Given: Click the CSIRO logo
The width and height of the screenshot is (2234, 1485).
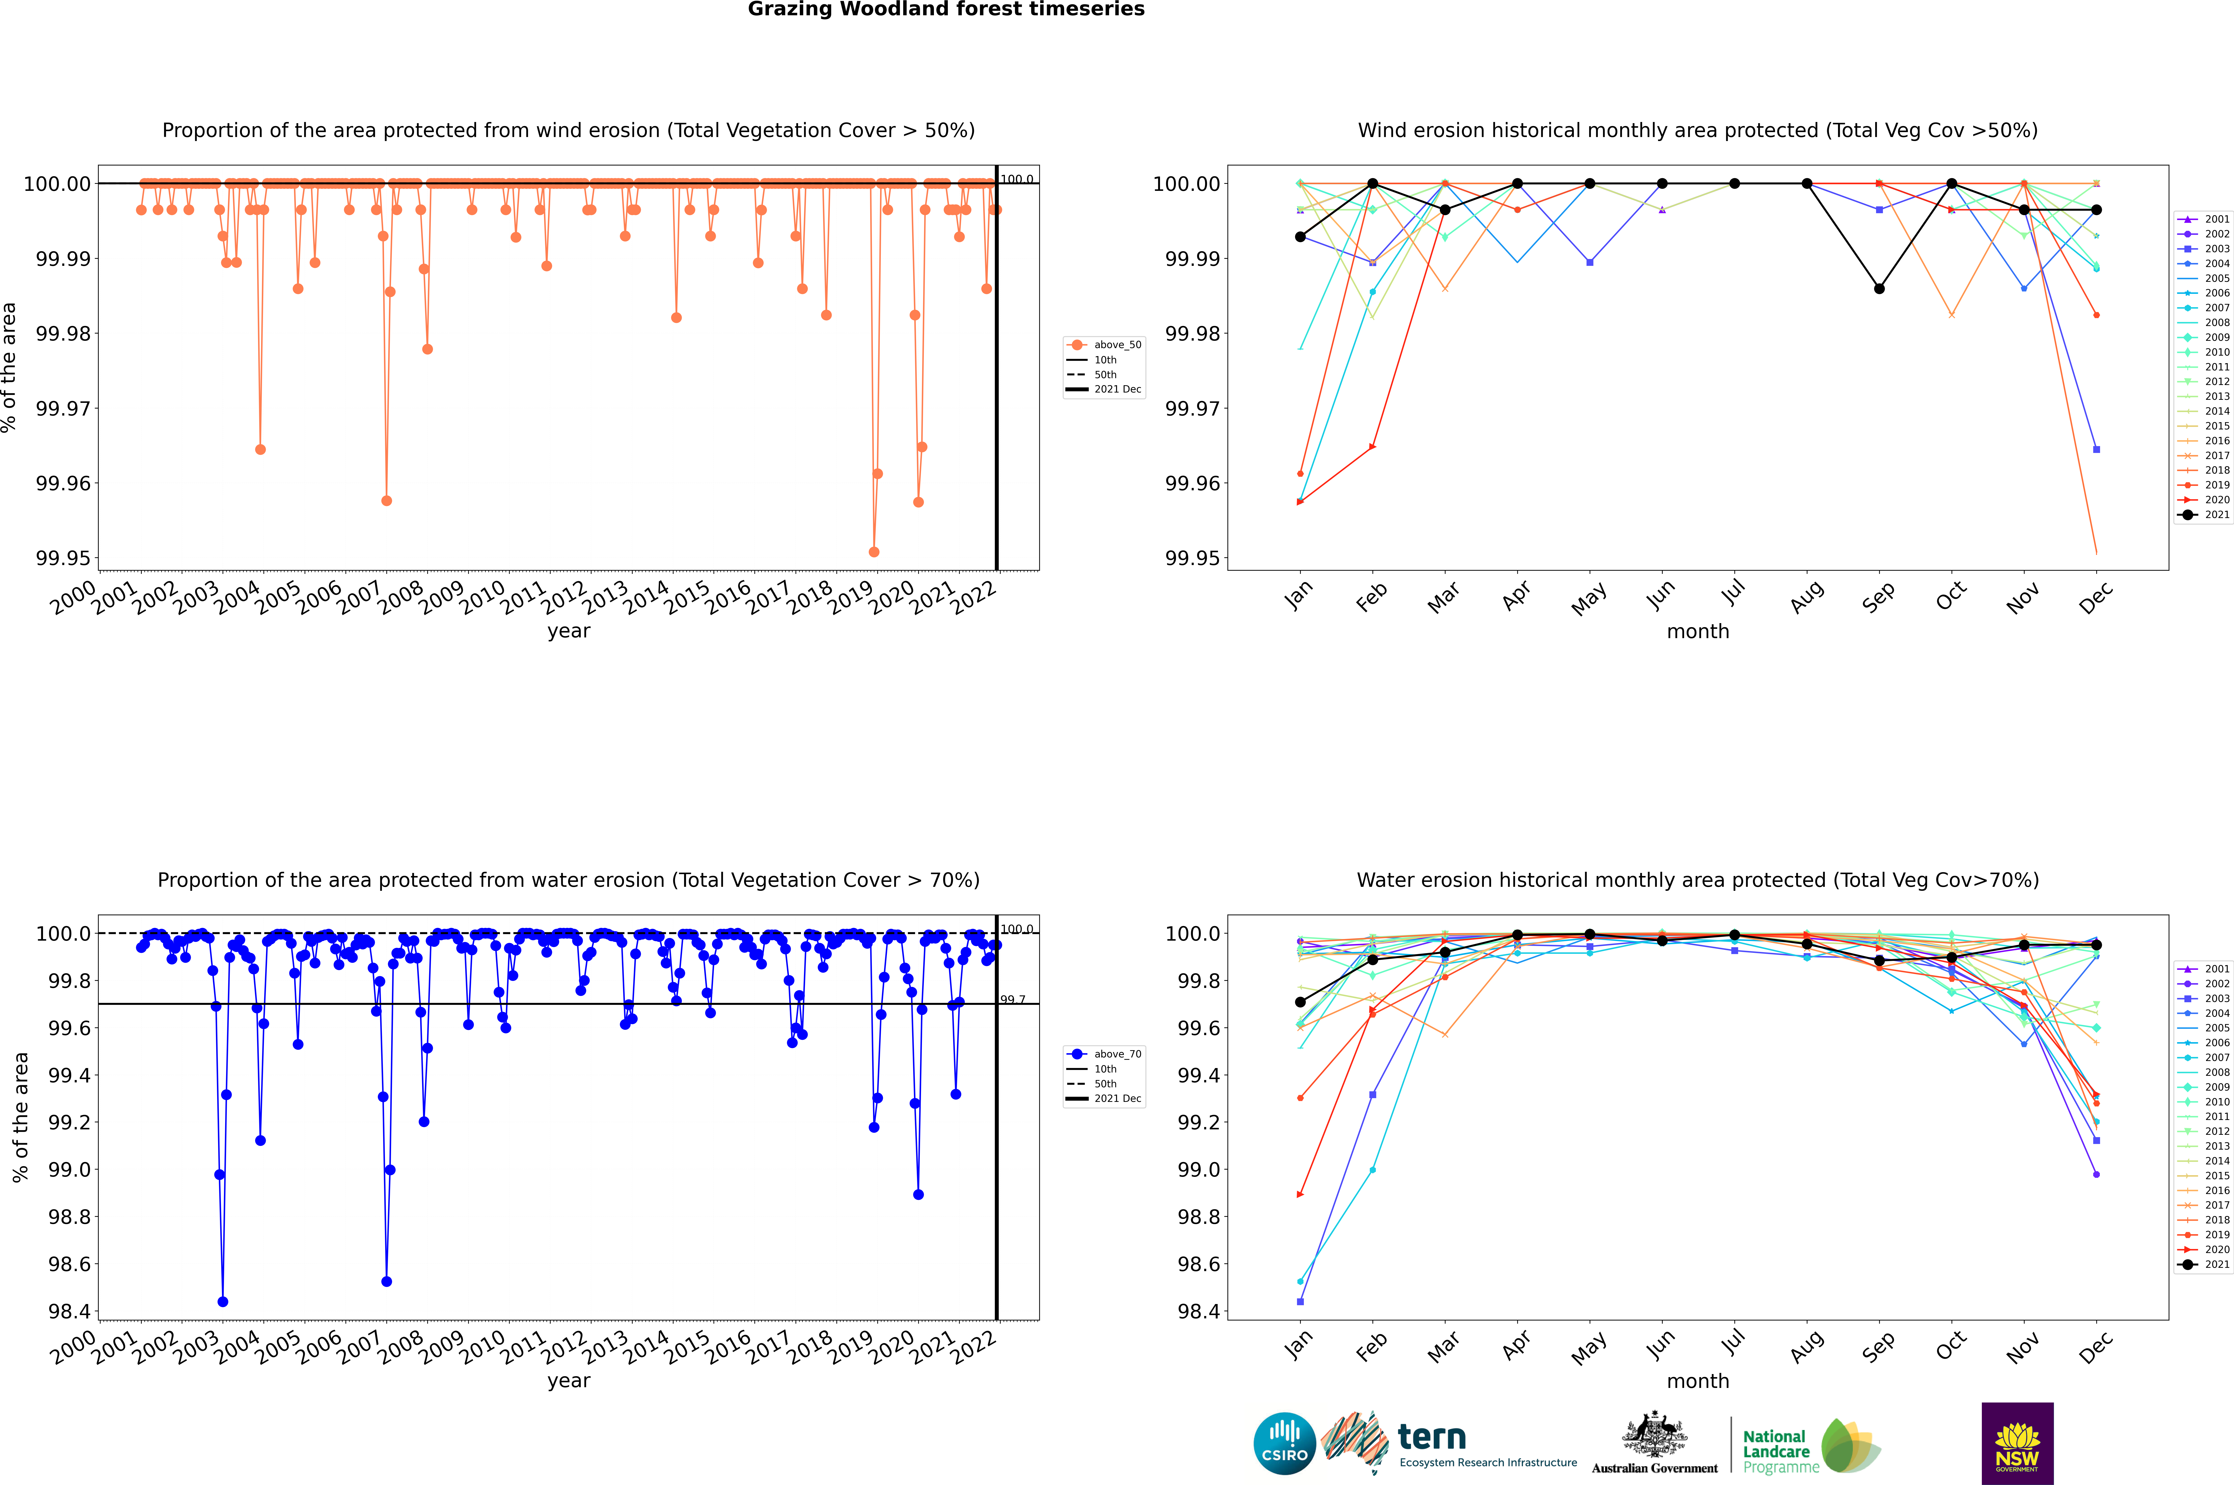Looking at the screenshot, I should [x=1284, y=1443].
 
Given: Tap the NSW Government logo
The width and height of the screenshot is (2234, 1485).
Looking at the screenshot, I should [x=2017, y=1443].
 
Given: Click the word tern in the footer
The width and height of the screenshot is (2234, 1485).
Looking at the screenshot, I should [x=1432, y=1438].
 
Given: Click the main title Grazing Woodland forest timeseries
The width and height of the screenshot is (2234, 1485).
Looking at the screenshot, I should [x=946, y=9].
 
